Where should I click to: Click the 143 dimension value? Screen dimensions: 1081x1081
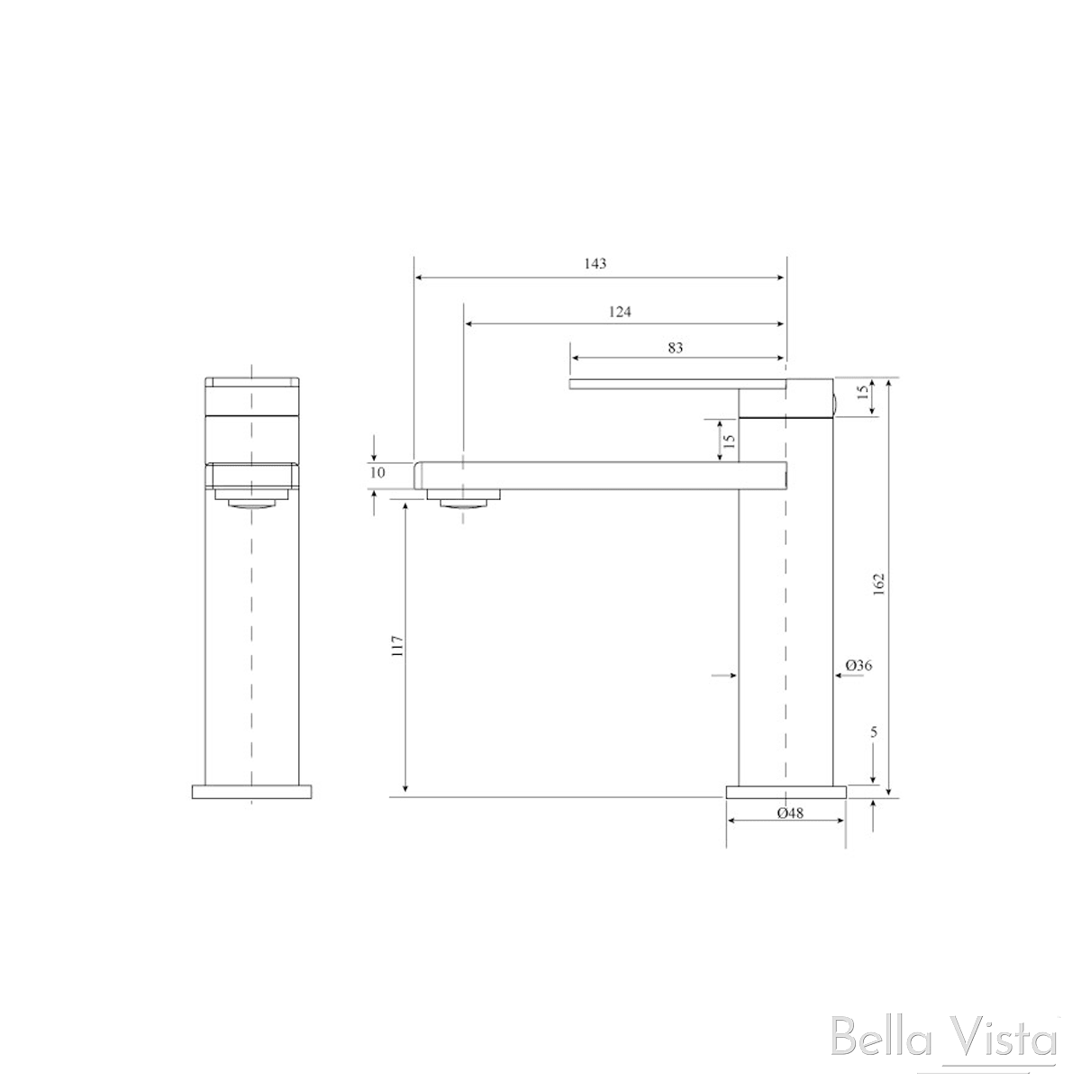[595, 264]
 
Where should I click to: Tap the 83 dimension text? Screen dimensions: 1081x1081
[676, 348]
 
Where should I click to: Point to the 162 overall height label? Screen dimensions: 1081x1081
[880, 584]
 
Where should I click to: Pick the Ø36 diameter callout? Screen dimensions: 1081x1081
[858, 666]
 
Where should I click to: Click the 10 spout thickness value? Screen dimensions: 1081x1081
[377, 472]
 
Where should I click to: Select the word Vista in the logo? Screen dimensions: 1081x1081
[1005, 1042]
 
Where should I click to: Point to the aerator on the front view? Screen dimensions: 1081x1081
[252, 502]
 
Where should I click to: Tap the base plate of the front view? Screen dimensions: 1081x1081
[252, 791]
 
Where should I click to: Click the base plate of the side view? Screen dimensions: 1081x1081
[786, 791]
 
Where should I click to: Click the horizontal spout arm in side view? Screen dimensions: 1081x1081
[595, 475]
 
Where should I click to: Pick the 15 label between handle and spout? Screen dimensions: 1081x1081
[730, 441]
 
